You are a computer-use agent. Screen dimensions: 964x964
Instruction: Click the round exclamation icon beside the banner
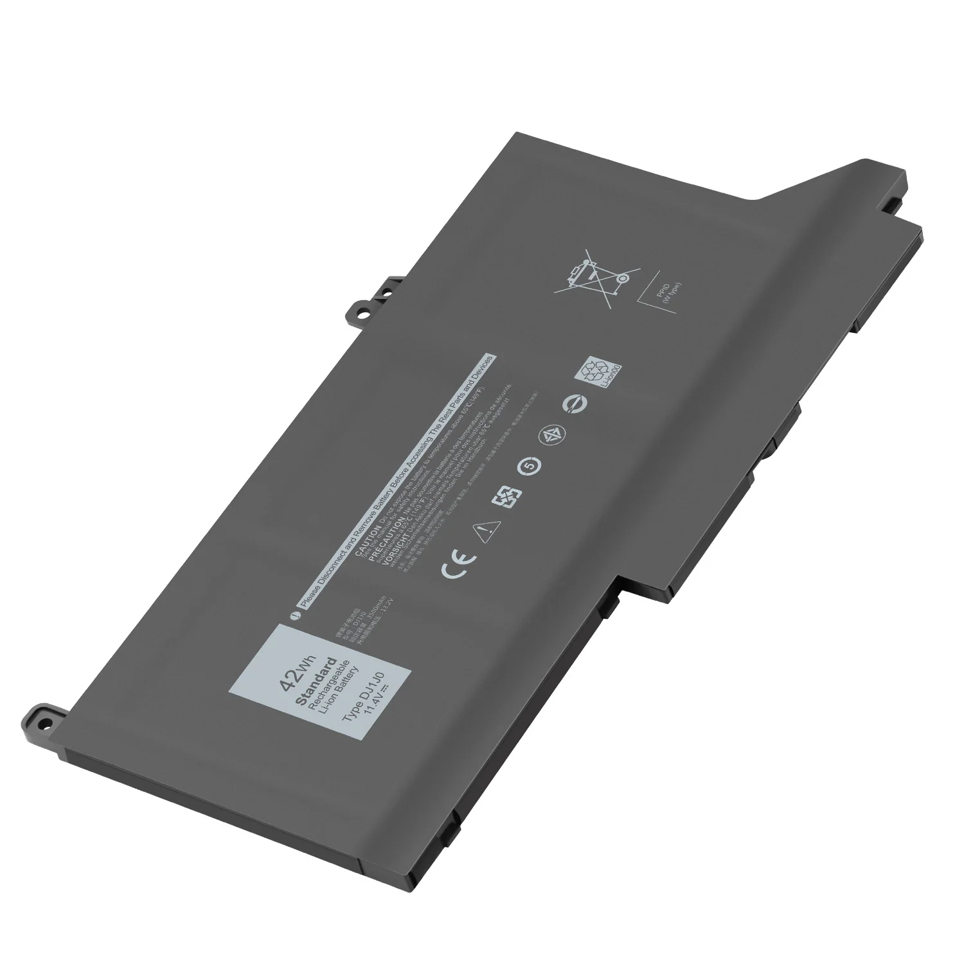[x=294, y=615]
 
